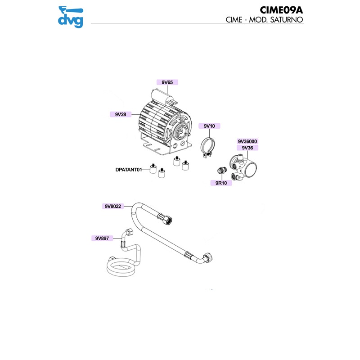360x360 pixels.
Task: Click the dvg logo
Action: [x=71, y=17]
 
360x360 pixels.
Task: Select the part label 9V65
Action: [x=167, y=82]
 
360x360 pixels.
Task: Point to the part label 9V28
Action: [x=120, y=115]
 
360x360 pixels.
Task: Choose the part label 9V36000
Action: [x=247, y=141]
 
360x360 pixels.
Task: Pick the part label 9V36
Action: [x=247, y=147]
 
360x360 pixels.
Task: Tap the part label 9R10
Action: [x=221, y=183]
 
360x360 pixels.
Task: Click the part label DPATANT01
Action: [x=129, y=170]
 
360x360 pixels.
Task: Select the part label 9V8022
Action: [x=113, y=207]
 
